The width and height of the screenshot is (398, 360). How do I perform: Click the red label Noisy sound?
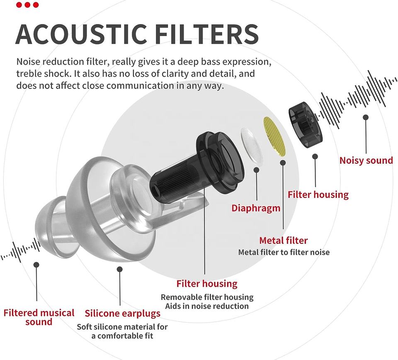(x=366, y=161)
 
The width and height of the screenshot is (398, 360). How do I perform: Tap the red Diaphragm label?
(x=256, y=208)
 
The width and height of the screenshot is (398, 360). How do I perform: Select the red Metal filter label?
(x=284, y=240)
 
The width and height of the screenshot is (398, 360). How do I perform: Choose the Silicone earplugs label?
(x=122, y=313)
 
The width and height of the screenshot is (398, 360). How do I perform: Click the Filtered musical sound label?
(x=39, y=317)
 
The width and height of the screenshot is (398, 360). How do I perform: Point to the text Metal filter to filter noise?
(x=284, y=252)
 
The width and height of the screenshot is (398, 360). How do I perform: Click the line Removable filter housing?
(x=207, y=297)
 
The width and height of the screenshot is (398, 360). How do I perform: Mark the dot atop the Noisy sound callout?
(x=366, y=117)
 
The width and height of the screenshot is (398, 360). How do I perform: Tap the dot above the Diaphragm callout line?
(x=257, y=170)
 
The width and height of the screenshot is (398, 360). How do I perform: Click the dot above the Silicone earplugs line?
(x=120, y=269)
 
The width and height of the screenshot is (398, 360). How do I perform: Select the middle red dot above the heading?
(x=27, y=5)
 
